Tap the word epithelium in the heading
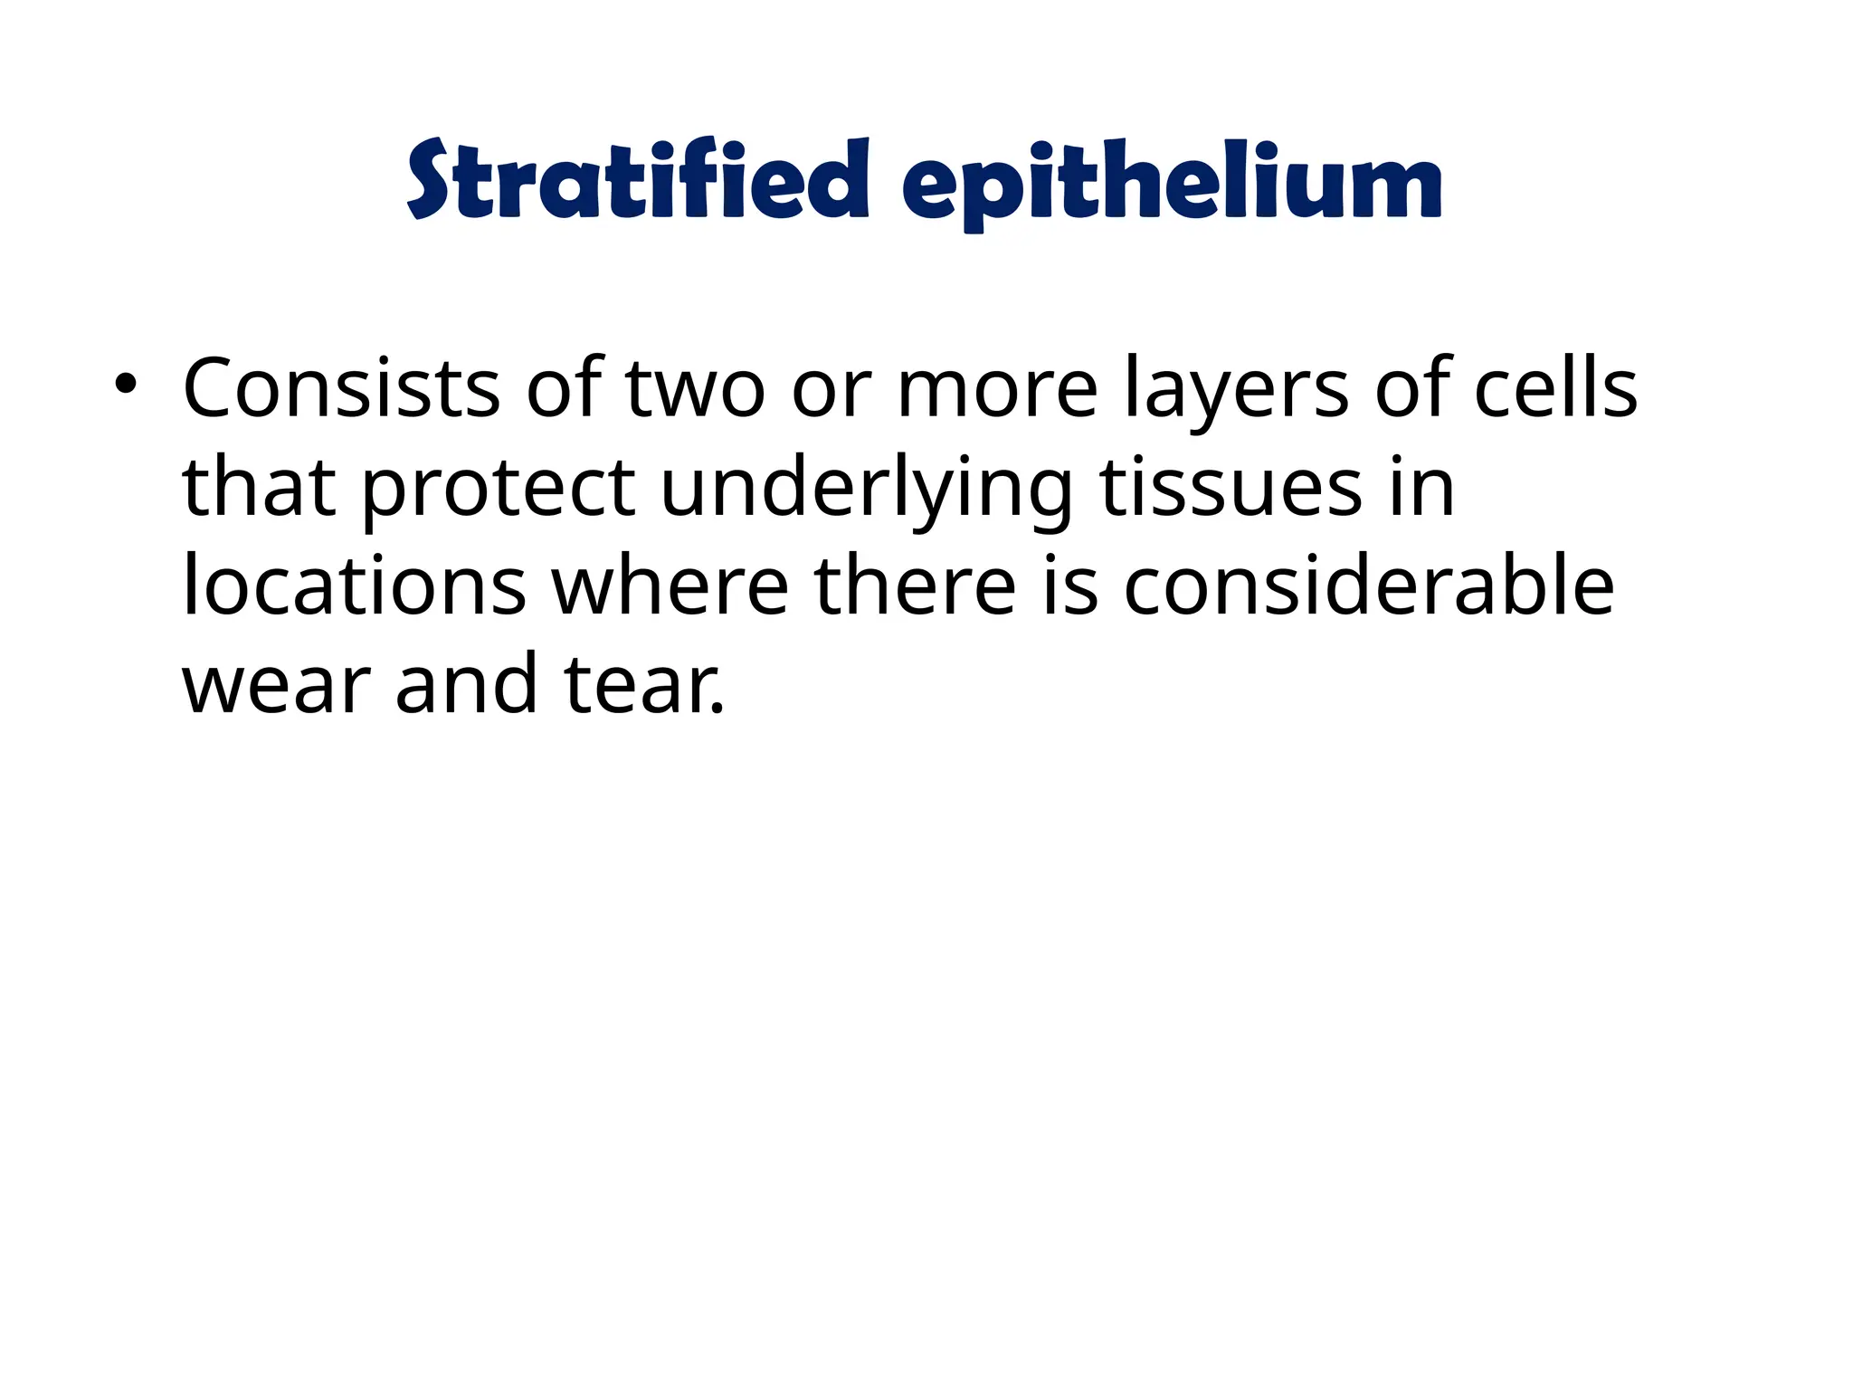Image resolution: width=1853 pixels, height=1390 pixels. tap(1172, 186)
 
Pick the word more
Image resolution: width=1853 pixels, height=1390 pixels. tap(996, 390)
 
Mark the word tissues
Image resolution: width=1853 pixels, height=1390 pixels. tap(1231, 489)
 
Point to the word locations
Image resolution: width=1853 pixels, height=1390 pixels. tap(354, 586)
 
